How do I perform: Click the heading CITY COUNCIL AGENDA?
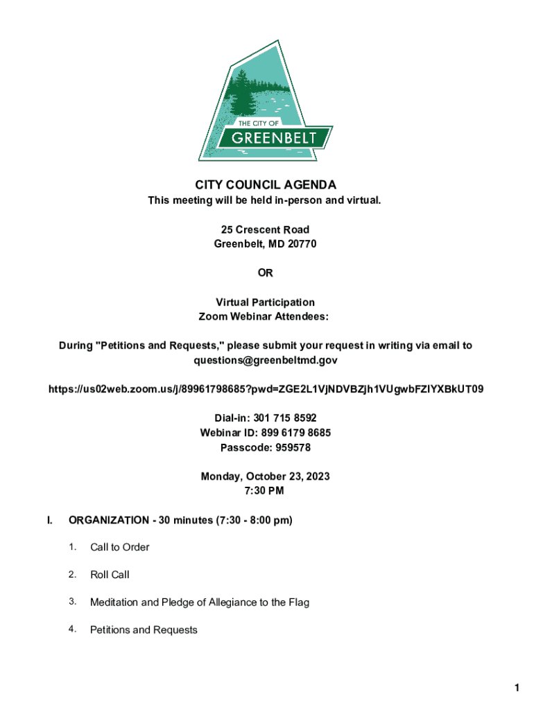pos(266,185)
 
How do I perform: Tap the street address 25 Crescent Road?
pos(266,230)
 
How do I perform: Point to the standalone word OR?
pos(266,273)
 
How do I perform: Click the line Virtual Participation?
pos(266,302)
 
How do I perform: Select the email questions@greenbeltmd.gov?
pos(266,361)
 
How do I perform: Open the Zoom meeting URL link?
pos(266,389)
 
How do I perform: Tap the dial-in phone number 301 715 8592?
pos(286,418)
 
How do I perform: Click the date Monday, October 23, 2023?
pos(266,476)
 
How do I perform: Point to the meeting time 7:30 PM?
pos(266,491)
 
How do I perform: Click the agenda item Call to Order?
pos(120,547)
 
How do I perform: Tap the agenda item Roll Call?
pos(110,575)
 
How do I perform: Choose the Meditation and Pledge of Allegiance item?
pos(200,603)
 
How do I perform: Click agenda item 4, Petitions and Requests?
pos(144,630)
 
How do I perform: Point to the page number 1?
pos(517,688)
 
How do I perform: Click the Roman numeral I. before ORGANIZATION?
pos(49,520)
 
